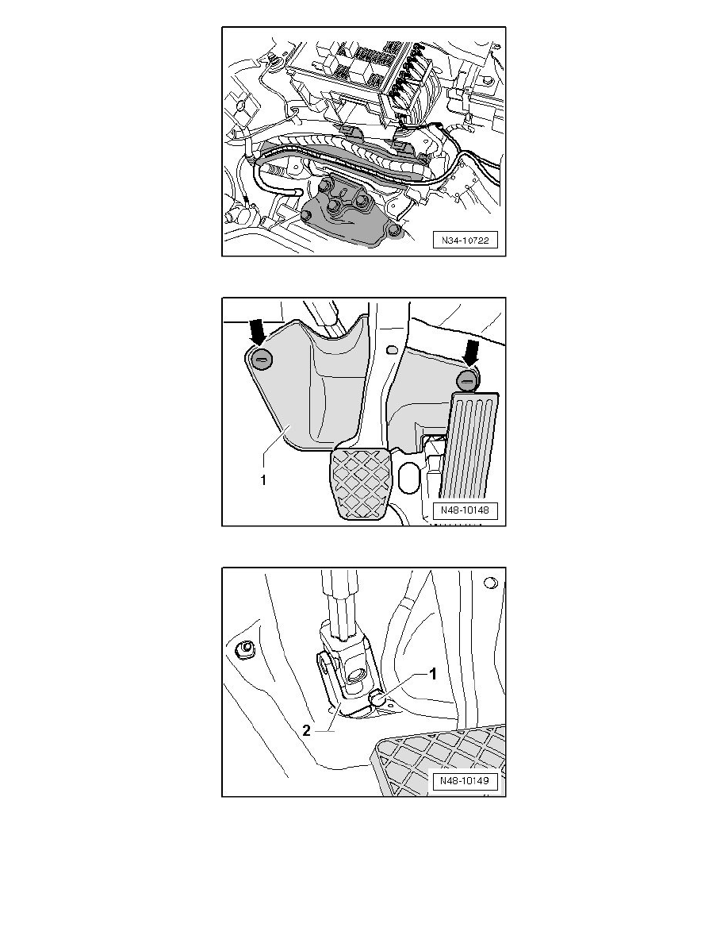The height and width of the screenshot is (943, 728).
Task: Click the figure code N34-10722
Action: (x=466, y=241)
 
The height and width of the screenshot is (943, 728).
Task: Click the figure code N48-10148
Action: (x=465, y=510)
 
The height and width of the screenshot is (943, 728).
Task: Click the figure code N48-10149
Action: (x=465, y=780)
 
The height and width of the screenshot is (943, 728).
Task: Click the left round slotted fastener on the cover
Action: (x=262, y=360)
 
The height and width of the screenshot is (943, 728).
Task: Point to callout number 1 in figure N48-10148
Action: (x=263, y=480)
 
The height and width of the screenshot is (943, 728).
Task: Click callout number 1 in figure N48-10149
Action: (x=432, y=674)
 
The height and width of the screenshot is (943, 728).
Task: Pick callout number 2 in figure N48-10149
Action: (x=307, y=731)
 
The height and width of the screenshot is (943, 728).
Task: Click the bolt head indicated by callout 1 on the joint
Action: (x=377, y=696)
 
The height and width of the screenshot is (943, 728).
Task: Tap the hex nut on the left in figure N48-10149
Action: (x=244, y=649)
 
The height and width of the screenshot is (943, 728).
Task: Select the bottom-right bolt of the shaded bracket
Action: (x=394, y=232)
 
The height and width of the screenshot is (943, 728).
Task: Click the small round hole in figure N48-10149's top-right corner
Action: (x=490, y=582)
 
